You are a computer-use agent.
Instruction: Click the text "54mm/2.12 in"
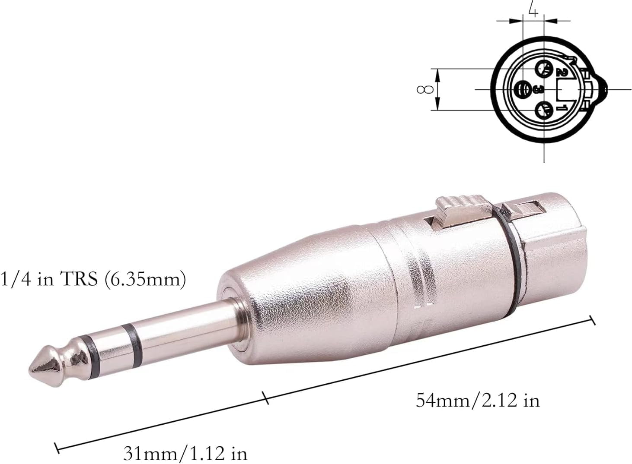pyautogui.click(x=478, y=401)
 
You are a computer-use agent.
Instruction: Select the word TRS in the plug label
pyautogui.click(x=78, y=279)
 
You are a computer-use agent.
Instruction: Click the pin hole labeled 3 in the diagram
pyautogui.click(x=523, y=89)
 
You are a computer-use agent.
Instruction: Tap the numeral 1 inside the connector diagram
pyautogui.click(x=562, y=107)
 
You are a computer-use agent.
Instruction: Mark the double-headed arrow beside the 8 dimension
pyautogui.click(x=438, y=89)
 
